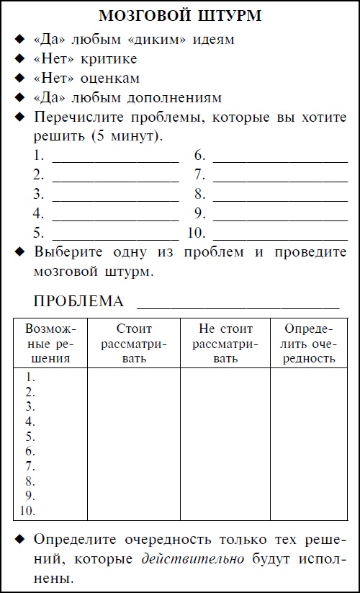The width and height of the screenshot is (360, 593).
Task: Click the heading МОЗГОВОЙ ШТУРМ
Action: [x=179, y=15]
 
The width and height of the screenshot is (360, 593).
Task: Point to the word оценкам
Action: [x=114, y=78]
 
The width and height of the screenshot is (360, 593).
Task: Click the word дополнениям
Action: [x=176, y=97]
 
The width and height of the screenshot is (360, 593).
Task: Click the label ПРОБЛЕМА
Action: [x=78, y=301]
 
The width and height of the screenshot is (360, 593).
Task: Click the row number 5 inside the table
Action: [x=30, y=437]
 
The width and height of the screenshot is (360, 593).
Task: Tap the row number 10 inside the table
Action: [x=28, y=512]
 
